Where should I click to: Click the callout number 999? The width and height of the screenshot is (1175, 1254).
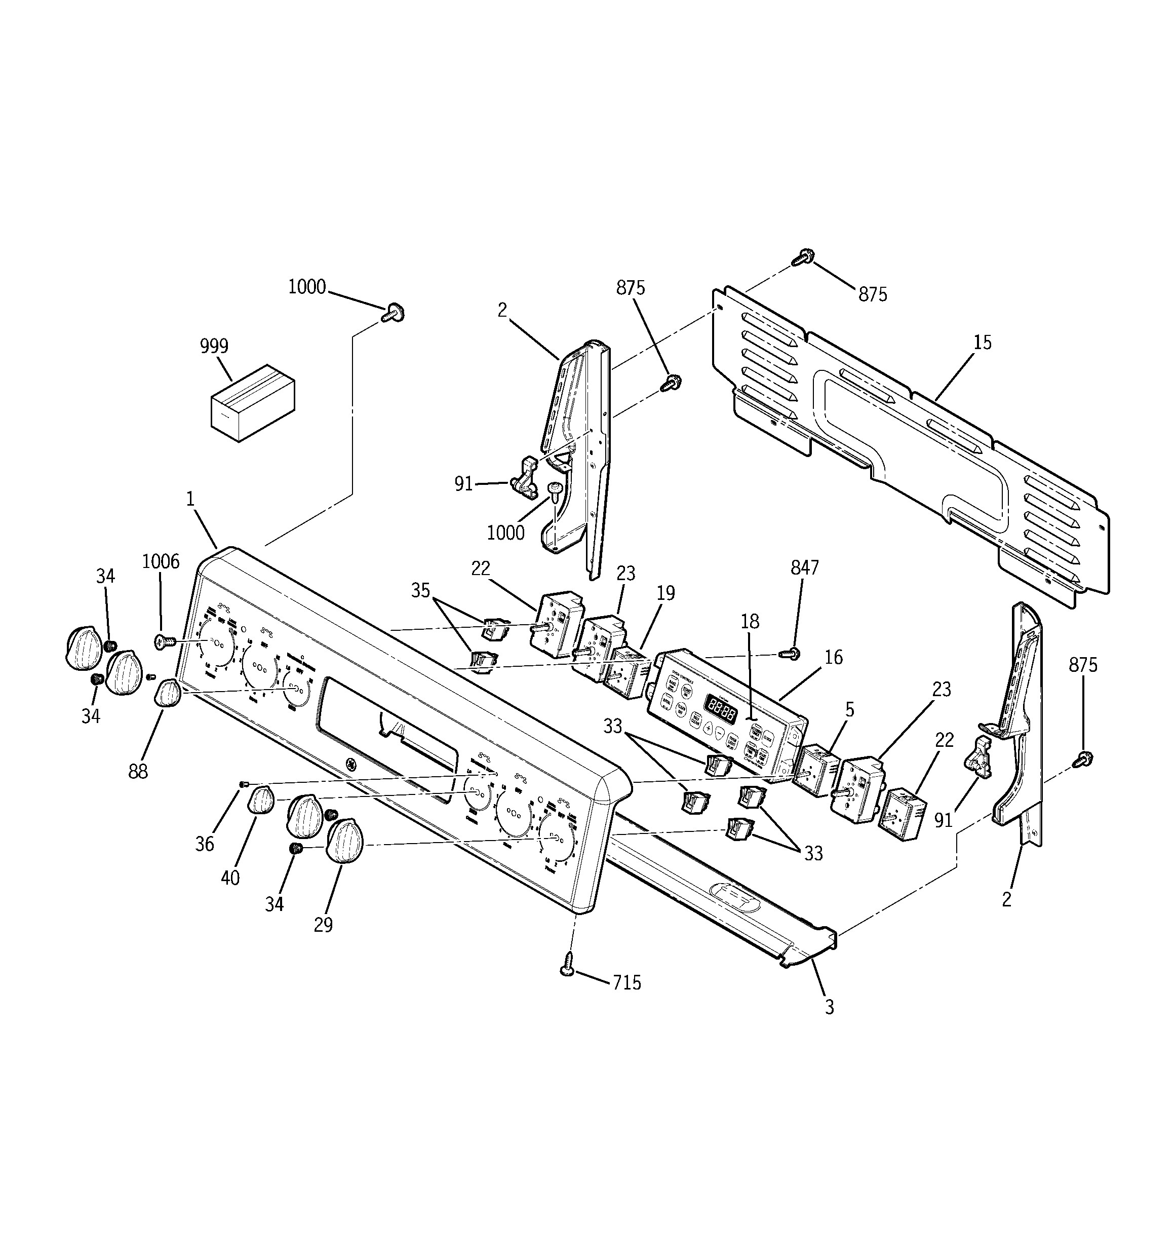coord(214,346)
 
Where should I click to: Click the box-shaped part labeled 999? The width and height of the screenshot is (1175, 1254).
coord(252,403)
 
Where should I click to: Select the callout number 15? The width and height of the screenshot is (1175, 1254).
coord(982,343)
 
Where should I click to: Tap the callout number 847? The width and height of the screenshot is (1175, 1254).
coord(805,567)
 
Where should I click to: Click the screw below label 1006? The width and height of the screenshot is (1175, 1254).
coord(163,641)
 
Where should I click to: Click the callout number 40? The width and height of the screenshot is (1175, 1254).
coord(230,878)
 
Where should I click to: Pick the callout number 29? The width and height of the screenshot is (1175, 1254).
coord(323,925)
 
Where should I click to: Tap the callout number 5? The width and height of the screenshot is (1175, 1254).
coord(849,710)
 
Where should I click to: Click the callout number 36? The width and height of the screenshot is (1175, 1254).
coord(204,844)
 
